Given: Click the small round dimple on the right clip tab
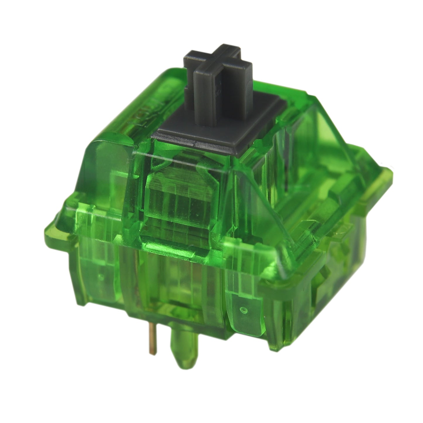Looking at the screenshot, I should click(242, 309).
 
